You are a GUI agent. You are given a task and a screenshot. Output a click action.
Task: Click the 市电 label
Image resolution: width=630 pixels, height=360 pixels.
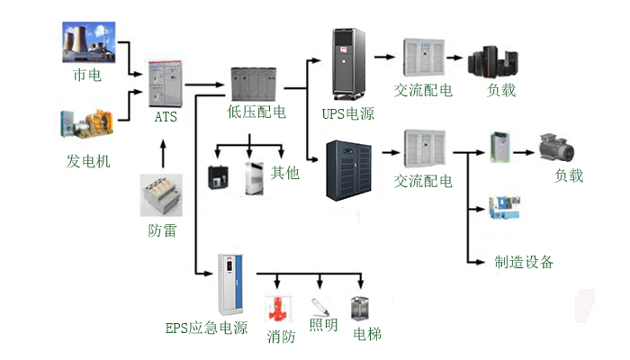pos(87,76)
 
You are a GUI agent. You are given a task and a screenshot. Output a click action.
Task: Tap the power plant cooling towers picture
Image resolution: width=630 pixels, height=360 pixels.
pos(87,41)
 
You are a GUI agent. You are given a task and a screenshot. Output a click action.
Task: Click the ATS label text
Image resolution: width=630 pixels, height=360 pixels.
pos(166,116)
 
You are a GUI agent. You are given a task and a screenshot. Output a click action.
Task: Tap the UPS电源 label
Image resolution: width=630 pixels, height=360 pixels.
pos(347,114)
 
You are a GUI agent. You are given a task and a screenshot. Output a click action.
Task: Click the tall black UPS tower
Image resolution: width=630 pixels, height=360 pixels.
pos(351,66)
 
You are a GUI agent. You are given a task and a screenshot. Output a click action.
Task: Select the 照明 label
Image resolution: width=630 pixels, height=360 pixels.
pos(323,325)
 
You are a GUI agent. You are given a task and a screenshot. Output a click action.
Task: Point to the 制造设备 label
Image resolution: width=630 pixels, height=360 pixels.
pos(524,262)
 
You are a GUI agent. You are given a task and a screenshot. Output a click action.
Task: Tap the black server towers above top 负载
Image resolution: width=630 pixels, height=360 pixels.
pos(490,62)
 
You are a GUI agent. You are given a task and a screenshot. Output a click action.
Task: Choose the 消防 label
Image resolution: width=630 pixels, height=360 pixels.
pos(281,337)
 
